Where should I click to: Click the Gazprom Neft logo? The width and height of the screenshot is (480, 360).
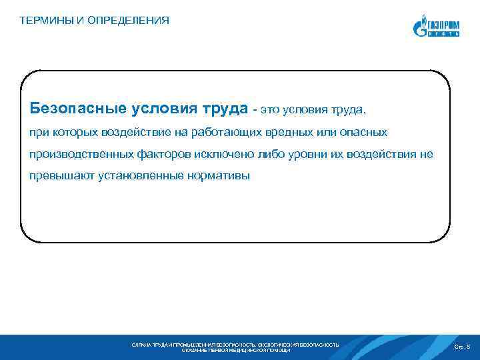click(x=437, y=26)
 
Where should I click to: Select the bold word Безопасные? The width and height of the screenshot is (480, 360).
click(x=72, y=108)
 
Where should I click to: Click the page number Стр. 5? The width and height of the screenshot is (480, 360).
click(x=462, y=347)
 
